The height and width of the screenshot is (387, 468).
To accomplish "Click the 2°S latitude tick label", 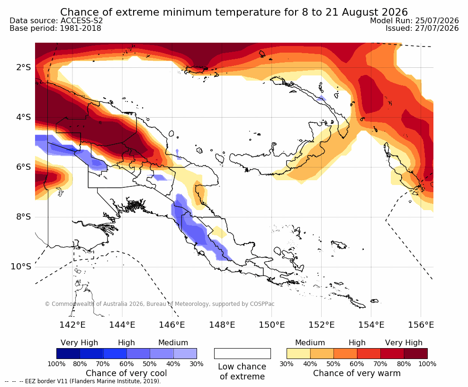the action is (x=24, y=67).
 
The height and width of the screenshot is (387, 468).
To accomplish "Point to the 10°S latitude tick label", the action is (x=21, y=267).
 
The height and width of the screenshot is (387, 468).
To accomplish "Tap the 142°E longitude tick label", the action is (x=72, y=324).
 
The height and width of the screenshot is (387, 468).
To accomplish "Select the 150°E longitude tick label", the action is (x=271, y=324).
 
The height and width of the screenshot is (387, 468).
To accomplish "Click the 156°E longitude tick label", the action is (x=421, y=324).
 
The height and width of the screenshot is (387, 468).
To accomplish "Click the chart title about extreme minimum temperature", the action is (x=234, y=12).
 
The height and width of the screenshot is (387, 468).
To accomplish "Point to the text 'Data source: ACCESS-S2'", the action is (x=56, y=20).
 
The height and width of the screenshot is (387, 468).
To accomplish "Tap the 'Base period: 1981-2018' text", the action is (x=55, y=28).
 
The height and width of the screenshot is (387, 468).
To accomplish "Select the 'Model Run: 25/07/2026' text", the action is (x=414, y=20).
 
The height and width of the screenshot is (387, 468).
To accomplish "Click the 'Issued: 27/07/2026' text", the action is (x=422, y=28).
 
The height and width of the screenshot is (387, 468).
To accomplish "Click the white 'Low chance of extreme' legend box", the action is (x=243, y=353).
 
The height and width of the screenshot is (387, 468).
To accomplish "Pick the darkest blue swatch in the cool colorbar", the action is (x=68, y=353).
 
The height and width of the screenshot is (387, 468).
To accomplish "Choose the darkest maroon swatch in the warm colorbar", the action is (x=416, y=353).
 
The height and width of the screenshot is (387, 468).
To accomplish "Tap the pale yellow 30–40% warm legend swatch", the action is (x=298, y=353).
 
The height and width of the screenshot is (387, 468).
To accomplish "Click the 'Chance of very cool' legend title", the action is (x=126, y=373).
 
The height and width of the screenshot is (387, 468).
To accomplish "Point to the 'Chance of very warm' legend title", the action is (x=357, y=373).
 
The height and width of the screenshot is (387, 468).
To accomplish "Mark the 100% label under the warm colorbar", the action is (x=427, y=364).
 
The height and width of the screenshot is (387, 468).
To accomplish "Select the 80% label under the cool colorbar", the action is (x=80, y=364).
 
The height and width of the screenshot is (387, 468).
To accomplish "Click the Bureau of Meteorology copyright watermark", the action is (x=160, y=304).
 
